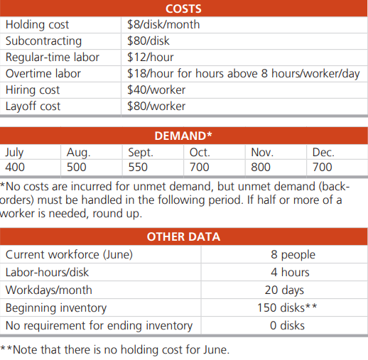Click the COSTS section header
(x=183, y=9)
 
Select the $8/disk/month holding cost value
(x=163, y=25)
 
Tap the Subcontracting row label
(x=43, y=41)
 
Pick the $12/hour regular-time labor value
(x=150, y=58)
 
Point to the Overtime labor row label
(x=43, y=74)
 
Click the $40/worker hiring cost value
(x=156, y=90)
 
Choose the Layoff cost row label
(x=33, y=107)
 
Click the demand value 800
(x=261, y=168)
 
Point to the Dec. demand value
(x=323, y=168)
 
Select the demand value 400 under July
(x=16, y=168)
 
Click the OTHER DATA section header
(x=183, y=236)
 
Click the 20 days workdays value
(x=284, y=290)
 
